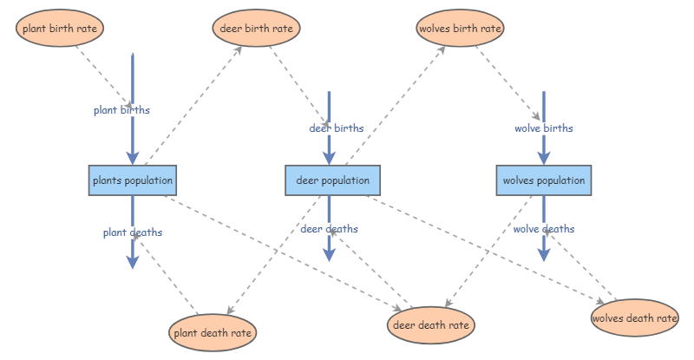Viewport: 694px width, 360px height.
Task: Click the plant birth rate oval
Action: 60,29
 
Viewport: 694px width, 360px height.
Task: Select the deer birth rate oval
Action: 256,29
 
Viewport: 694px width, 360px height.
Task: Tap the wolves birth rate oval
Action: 460,29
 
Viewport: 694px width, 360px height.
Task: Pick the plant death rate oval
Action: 213,332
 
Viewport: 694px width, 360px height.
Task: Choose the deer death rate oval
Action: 431,325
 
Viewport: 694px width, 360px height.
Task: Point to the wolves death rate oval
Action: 634,318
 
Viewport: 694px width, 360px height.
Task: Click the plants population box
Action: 133,180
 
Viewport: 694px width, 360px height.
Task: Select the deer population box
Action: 329,180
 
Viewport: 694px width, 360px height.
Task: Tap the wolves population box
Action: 544,180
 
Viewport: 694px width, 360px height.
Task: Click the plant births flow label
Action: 121,110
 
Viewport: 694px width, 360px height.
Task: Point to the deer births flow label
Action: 337,128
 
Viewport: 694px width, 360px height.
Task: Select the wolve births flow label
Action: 544,128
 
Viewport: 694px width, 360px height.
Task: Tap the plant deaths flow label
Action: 133,232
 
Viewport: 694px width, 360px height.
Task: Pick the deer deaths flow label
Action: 330,229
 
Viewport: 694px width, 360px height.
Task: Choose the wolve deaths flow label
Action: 544,229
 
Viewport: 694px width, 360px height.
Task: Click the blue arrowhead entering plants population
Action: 133,157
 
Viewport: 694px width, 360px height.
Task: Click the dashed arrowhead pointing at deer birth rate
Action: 238,49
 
